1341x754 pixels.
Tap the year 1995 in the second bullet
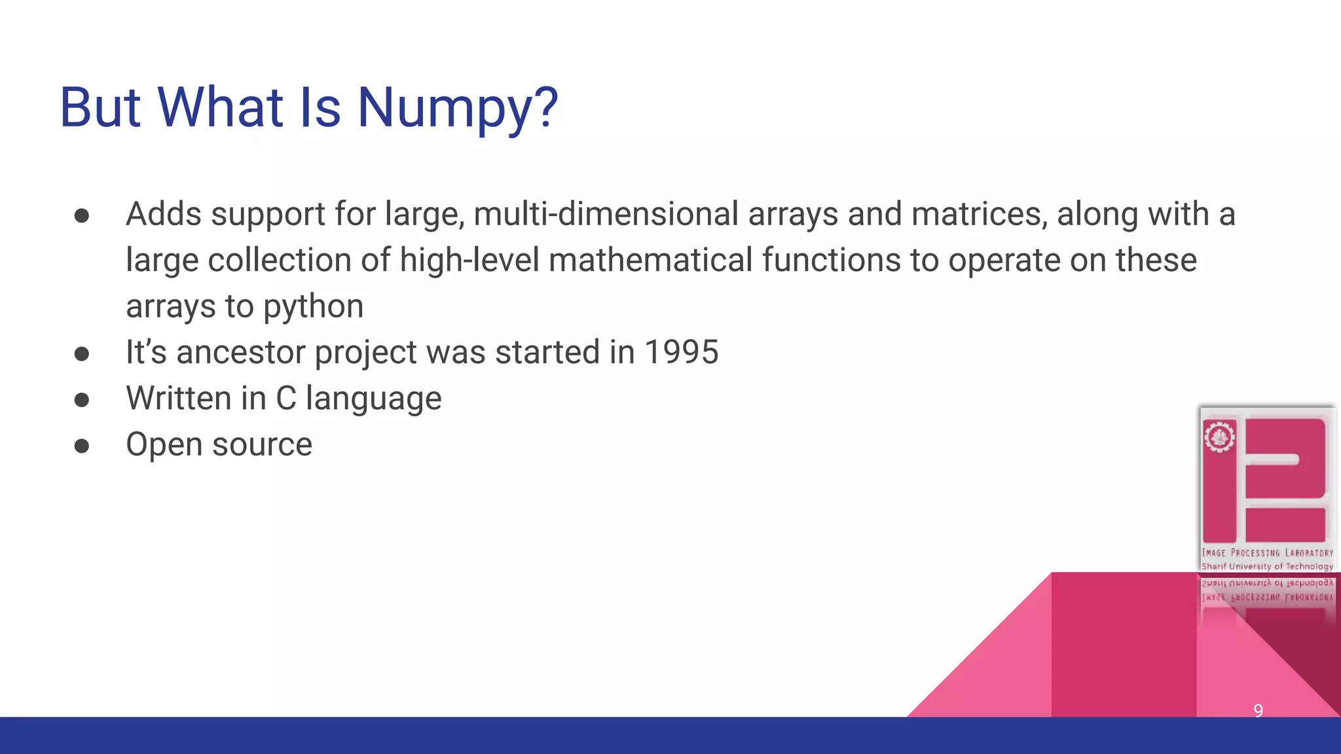point(681,352)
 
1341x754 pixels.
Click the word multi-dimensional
point(606,214)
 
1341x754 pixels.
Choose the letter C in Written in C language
point(285,398)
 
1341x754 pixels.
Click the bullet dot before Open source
point(82,446)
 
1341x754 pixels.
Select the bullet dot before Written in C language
point(82,399)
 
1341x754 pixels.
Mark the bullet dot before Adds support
point(82,215)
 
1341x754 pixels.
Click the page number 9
point(1258,710)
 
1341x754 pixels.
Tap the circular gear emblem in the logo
point(1219,437)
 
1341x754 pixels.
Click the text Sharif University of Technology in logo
point(1267,566)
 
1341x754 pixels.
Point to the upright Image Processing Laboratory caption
point(1267,553)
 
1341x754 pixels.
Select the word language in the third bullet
point(373,399)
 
